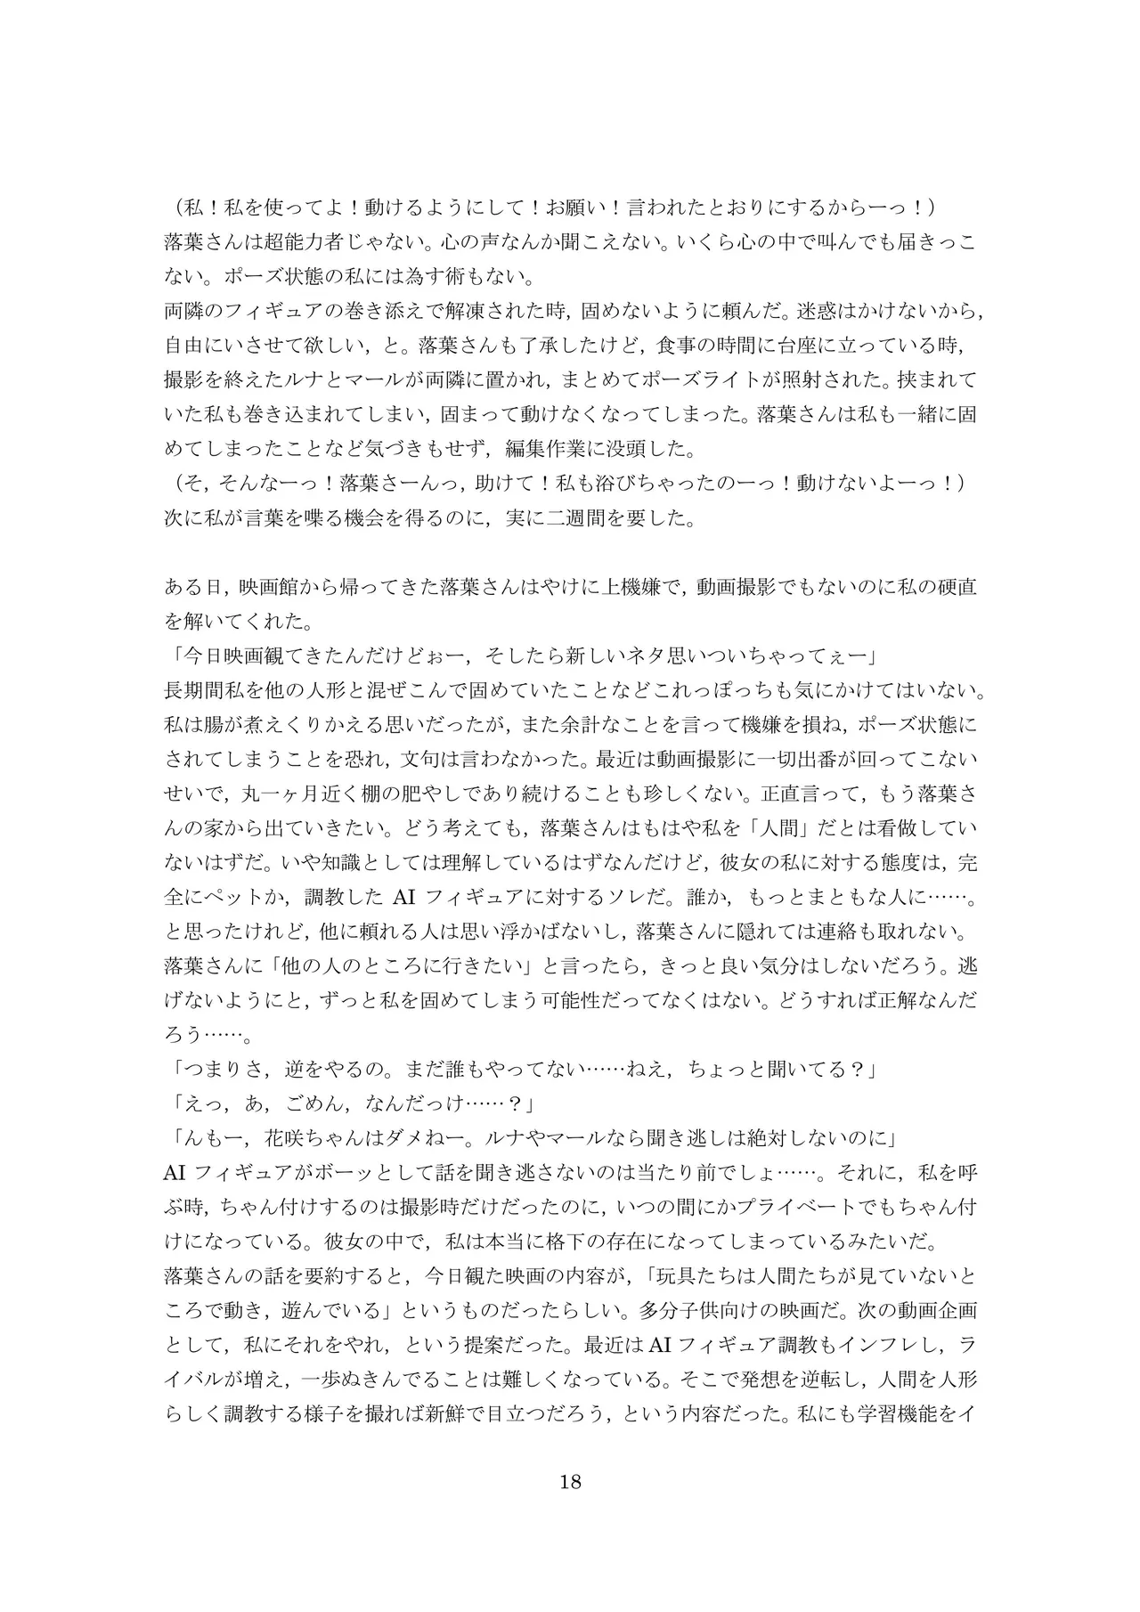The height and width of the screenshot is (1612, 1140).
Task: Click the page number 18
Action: coord(570,1482)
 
